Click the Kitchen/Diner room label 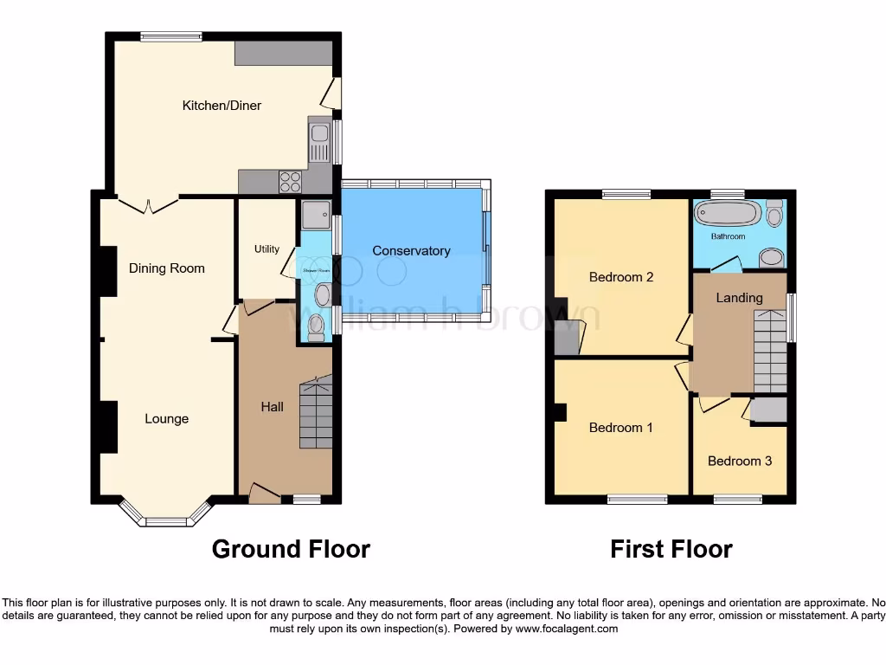(x=221, y=106)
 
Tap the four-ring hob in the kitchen (x=290, y=182)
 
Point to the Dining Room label (x=167, y=268)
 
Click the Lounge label (x=166, y=419)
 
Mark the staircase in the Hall (x=316, y=412)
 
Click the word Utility (x=266, y=249)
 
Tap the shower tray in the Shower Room (x=315, y=213)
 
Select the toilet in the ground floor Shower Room (x=317, y=326)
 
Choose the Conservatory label (x=411, y=251)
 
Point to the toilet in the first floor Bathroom (x=774, y=213)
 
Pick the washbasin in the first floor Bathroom (x=770, y=256)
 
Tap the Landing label (x=739, y=298)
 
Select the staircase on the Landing (x=769, y=351)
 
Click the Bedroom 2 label (x=621, y=278)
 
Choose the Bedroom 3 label (x=740, y=462)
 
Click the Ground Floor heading (x=291, y=549)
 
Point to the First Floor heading (x=671, y=549)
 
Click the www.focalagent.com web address (x=566, y=629)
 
